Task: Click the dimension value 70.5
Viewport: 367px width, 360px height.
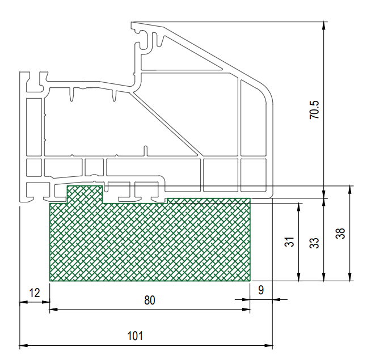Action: coord(314,110)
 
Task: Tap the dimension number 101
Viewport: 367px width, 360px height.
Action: coord(135,336)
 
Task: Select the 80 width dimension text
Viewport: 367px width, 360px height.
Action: coord(150,300)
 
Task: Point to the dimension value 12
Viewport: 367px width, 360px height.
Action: coord(35,293)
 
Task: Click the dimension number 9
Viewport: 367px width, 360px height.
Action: coord(261,290)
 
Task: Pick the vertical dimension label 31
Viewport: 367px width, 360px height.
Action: coord(289,242)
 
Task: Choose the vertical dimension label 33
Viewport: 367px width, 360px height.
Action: coord(314,243)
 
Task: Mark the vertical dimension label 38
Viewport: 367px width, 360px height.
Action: coord(340,233)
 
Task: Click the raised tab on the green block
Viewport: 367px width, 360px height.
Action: coord(85,194)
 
